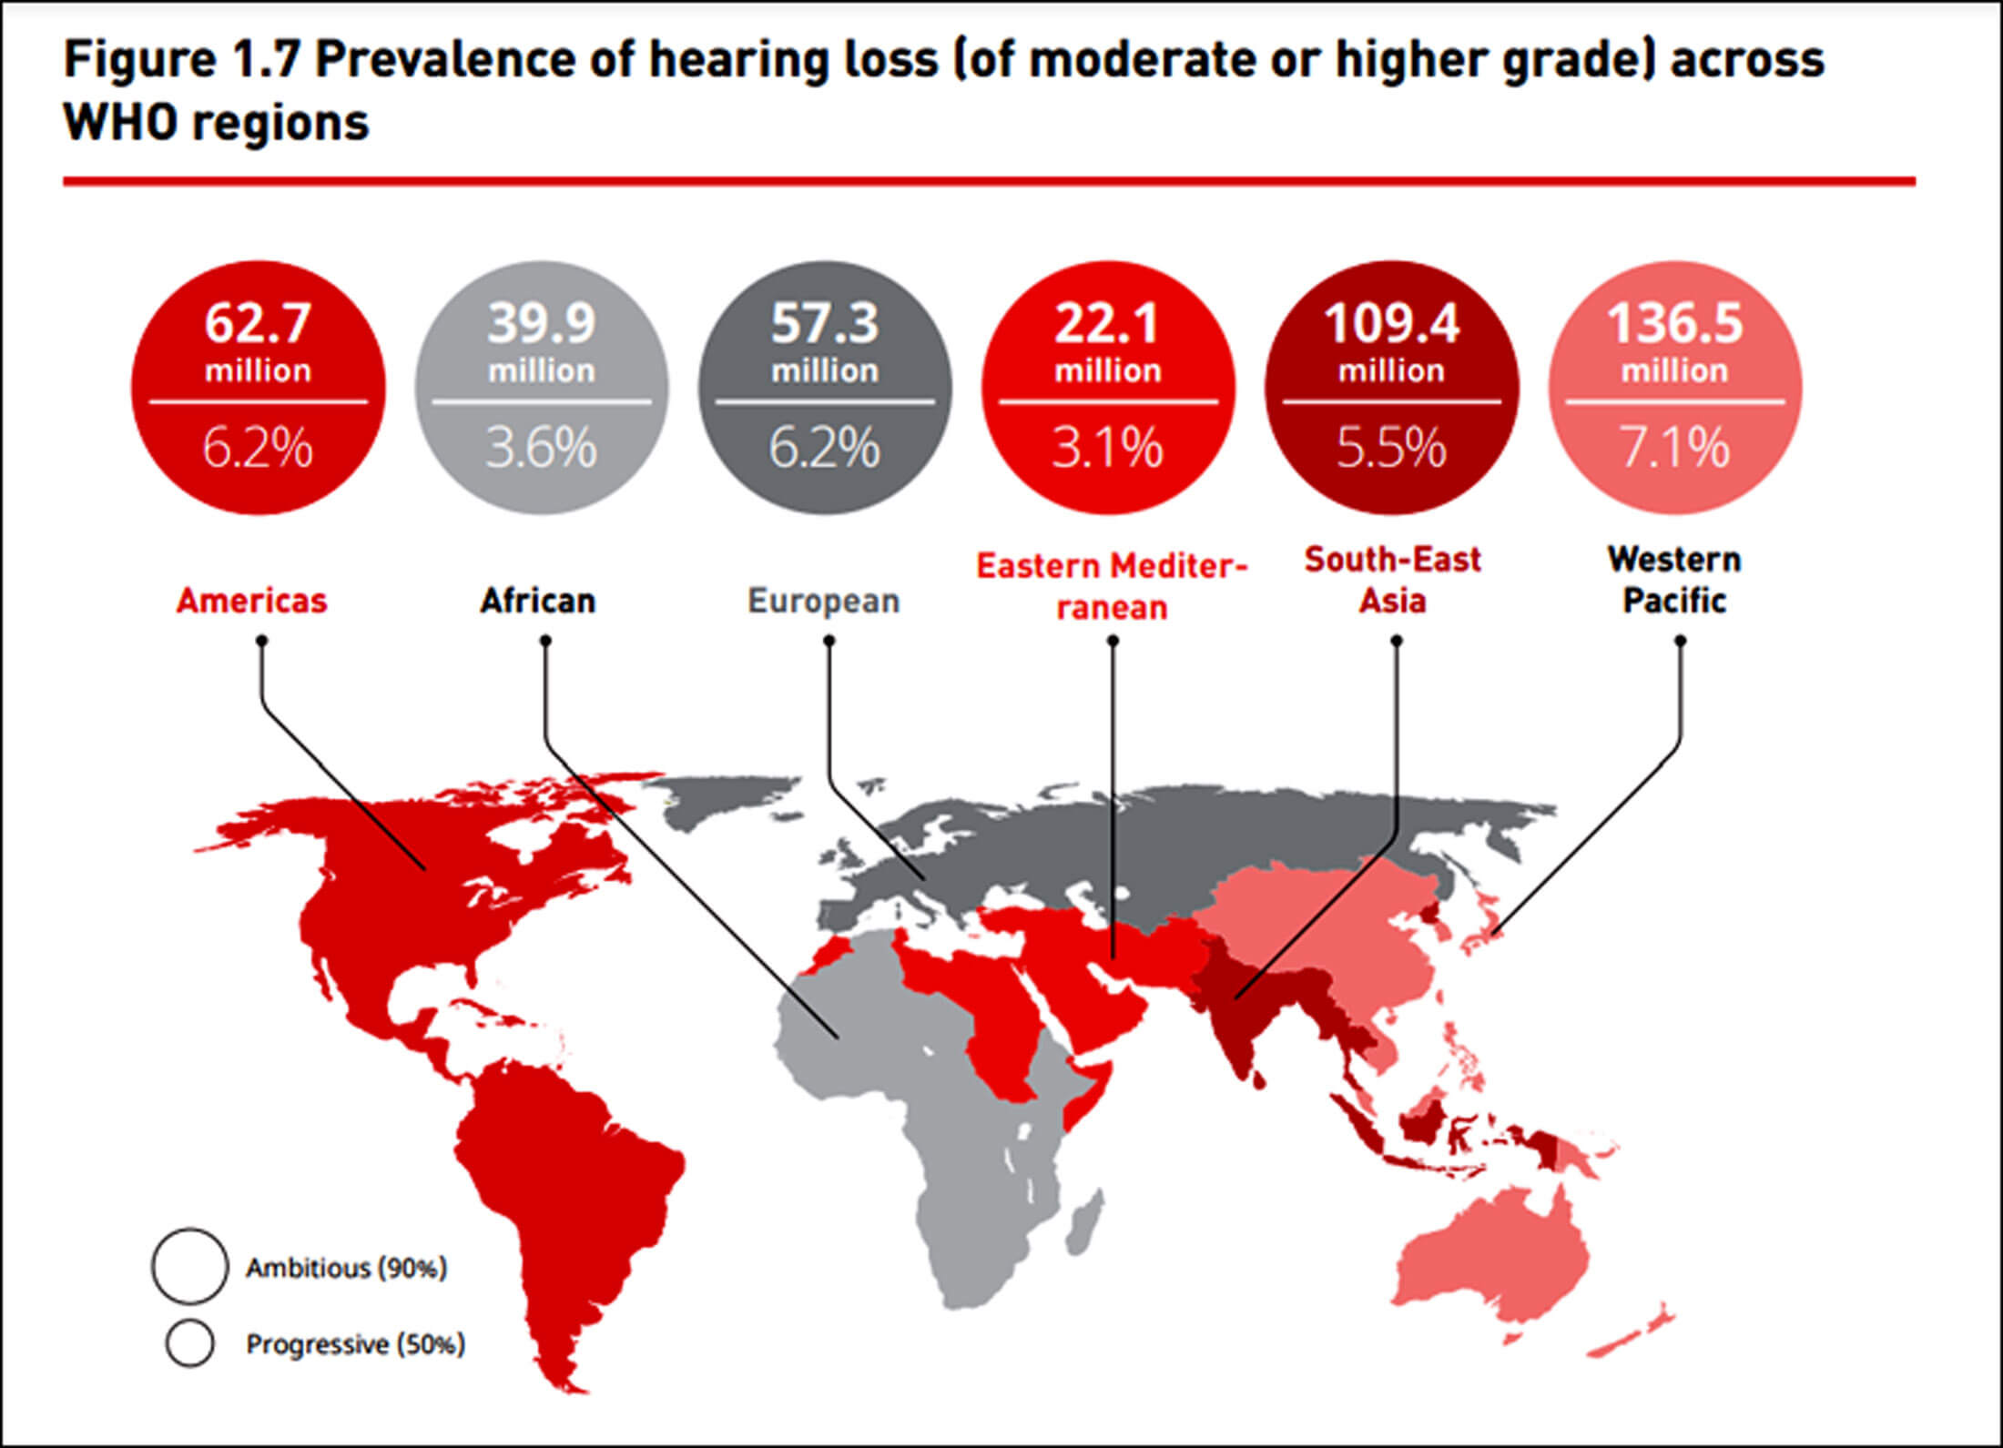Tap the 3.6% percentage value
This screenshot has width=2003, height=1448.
[541, 448]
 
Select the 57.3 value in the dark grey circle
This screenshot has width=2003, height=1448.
[825, 323]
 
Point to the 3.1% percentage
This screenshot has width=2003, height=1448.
[1108, 448]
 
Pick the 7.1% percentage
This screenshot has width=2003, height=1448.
[1674, 448]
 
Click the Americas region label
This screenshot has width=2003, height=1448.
[251, 601]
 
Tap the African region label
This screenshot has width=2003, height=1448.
[538, 601]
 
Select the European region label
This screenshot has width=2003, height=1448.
[824, 602]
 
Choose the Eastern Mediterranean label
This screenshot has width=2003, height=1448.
[1112, 586]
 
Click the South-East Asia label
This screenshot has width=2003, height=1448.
[1393, 580]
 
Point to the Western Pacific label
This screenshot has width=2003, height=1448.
[1674, 580]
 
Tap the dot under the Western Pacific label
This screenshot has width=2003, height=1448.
[1681, 641]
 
